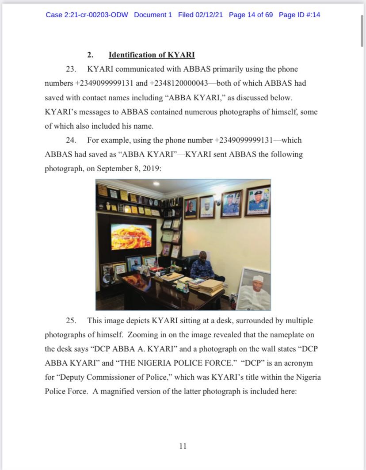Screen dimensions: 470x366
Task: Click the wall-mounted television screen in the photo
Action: click(x=131, y=236)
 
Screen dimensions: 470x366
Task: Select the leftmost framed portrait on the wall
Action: click(x=191, y=207)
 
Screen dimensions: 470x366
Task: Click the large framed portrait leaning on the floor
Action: click(x=254, y=289)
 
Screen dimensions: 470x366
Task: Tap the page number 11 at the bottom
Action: click(x=183, y=446)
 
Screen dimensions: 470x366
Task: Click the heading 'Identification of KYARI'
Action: click(x=152, y=55)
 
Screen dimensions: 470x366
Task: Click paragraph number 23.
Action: click(x=71, y=69)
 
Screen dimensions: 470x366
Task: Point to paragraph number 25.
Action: click(x=71, y=320)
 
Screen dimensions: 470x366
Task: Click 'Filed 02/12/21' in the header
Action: click(x=200, y=15)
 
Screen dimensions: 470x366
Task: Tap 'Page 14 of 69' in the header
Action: click(x=251, y=15)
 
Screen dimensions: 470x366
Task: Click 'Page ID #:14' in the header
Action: click(x=299, y=15)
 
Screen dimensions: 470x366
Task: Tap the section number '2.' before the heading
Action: click(x=90, y=55)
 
